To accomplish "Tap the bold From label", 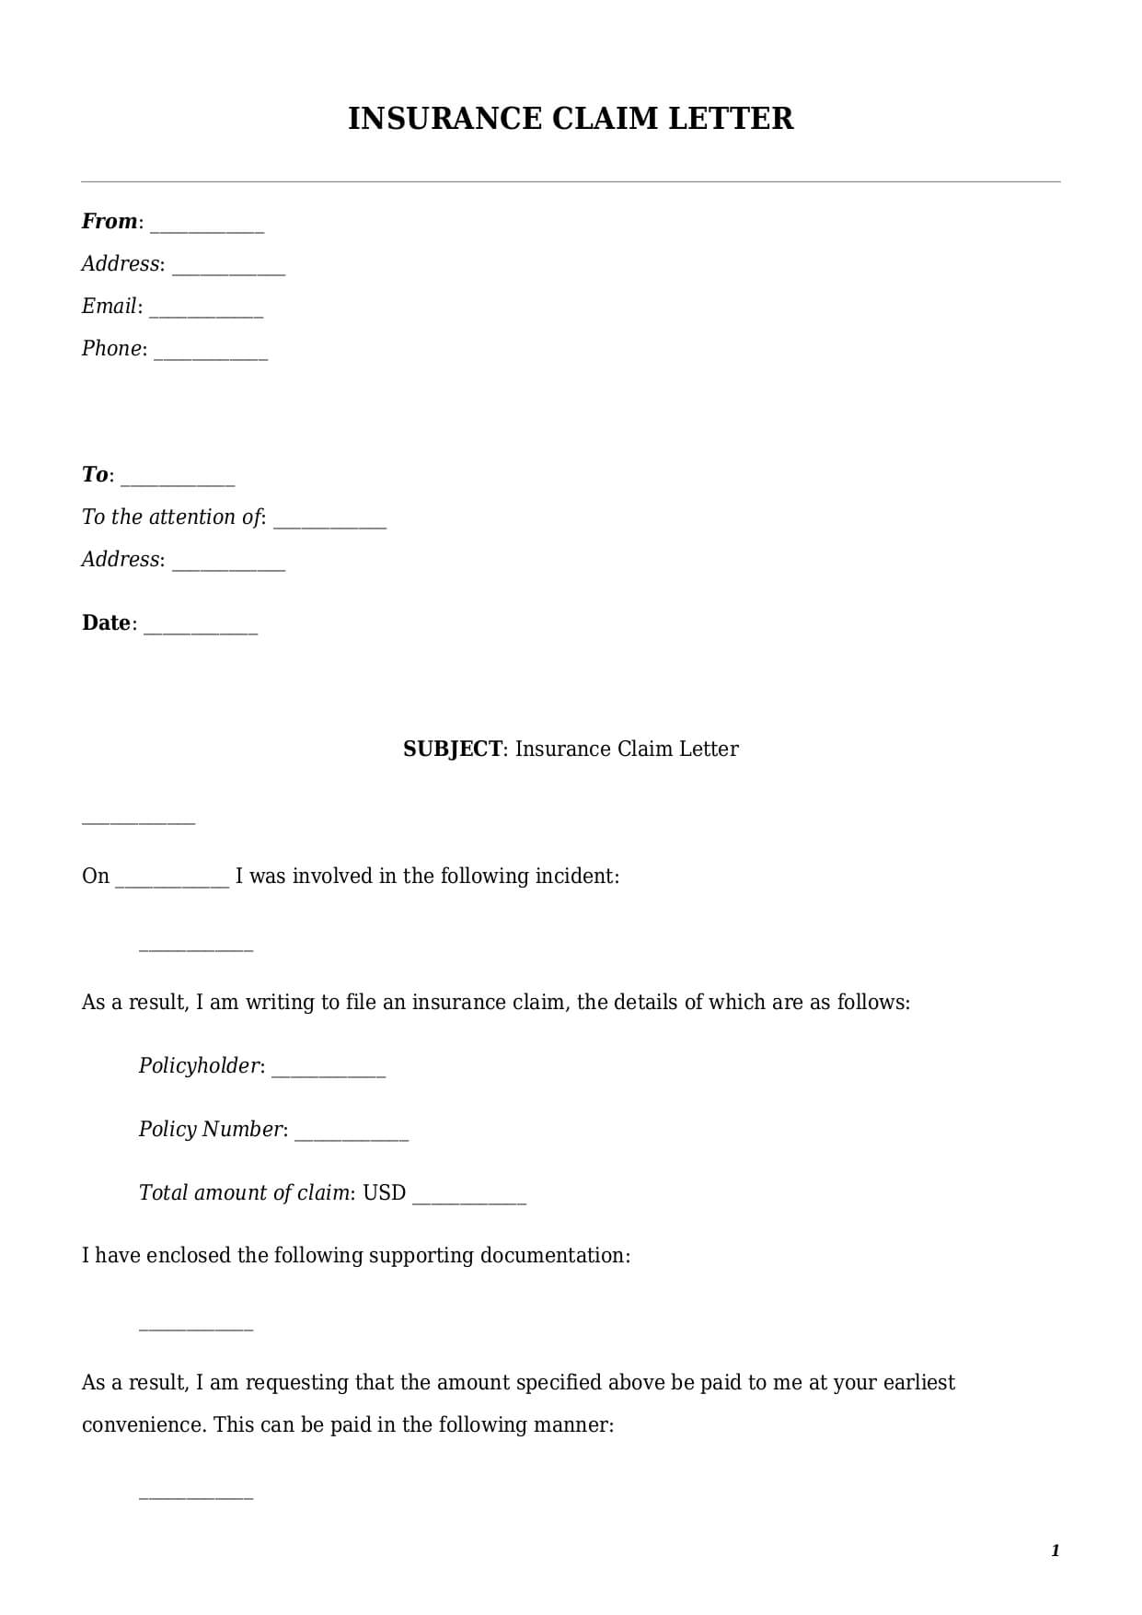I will (x=109, y=222).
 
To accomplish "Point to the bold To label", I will (x=95, y=475).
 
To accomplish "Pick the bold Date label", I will (x=106, y=623).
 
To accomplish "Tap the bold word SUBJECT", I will (x=453, y=749).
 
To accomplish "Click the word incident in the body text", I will (x=579, y=877).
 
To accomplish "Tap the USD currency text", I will (x=384, y=1193).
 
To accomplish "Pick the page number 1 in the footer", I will (x=1055, y=1551).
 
